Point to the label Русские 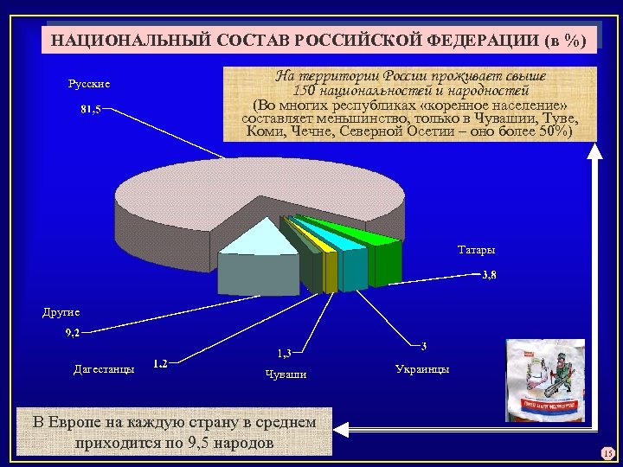(x=89, y=84)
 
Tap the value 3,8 (x=488, y=275)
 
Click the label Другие (x=61, y=312)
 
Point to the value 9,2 (x=76, y=332)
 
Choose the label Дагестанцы (x=104, y=369)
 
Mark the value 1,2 (x=160, y=363)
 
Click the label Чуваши (x=285, y=374)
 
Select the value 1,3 (x=284, y=352)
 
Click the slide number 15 (x=607, y=454)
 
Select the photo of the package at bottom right (x=545, y=381)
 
